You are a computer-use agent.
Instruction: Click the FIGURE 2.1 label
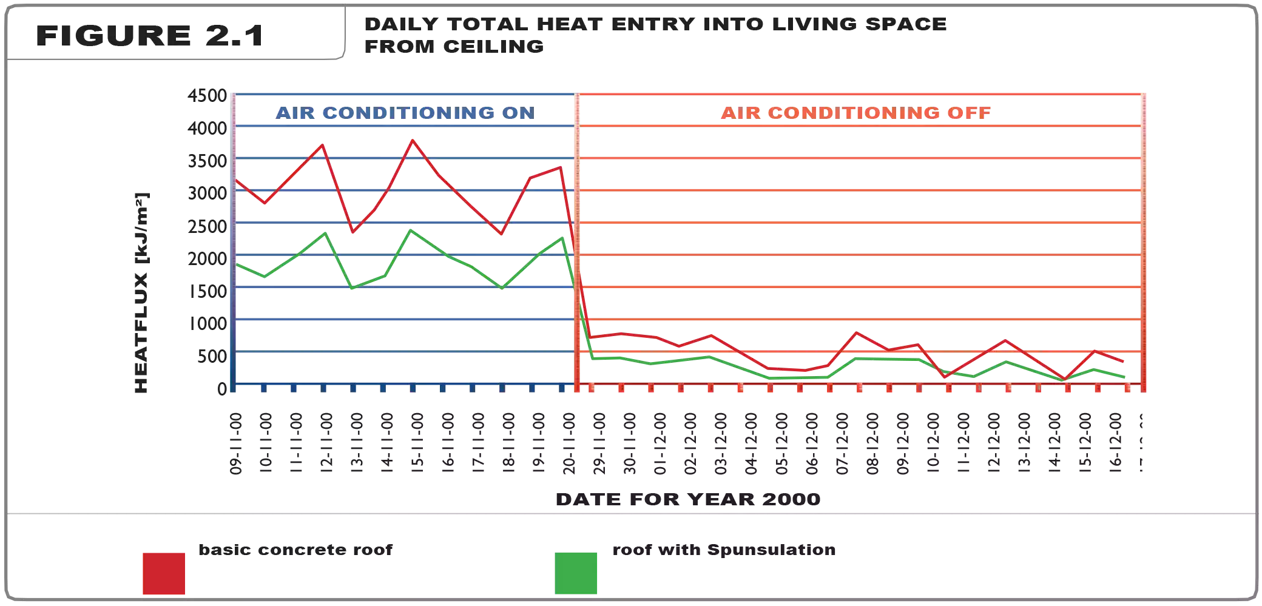point(150,35)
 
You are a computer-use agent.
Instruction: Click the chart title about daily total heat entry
point(655,35)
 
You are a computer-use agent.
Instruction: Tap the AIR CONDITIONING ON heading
point(405,113)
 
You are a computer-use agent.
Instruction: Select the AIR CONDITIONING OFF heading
point(855,113)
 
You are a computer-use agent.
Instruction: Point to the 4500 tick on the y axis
point(208,96)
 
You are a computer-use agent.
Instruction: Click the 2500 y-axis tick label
point(208,226)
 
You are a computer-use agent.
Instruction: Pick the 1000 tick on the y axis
point(208,323)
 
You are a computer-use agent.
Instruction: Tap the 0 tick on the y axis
point(222,388)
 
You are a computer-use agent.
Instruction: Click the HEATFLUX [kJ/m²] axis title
point(141,292)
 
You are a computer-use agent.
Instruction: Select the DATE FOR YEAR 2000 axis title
point(688,499)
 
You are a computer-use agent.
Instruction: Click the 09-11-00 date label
point(235,443)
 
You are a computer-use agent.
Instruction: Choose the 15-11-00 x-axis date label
point(417,443)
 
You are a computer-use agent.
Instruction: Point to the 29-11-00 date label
point(599,443)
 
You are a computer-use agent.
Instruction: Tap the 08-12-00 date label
point(872,443)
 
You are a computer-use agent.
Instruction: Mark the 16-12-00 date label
point(1115,443)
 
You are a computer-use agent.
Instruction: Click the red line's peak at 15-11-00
point(413,141)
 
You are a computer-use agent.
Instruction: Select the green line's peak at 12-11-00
point(325,234)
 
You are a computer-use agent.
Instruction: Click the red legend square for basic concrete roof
point(164,573)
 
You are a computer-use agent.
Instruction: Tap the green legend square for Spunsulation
point(576,573)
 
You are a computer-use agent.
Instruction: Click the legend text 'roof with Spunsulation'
point(724,550)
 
